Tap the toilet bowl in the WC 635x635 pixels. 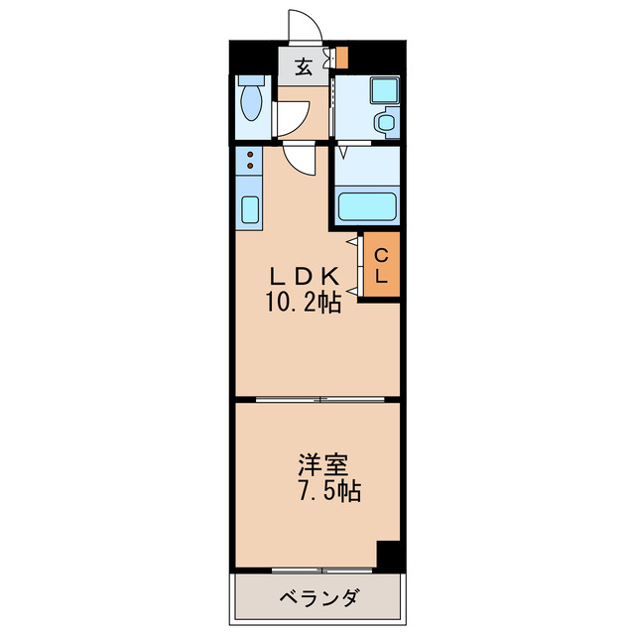250,103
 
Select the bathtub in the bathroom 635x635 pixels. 367,206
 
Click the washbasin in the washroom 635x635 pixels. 383,123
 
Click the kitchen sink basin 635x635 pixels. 249,209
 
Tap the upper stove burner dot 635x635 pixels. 249,154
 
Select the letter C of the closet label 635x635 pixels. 381,254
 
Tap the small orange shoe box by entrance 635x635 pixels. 341,58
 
